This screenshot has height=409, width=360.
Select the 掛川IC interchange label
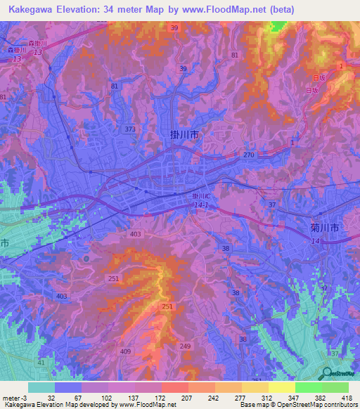[x=201, y=196]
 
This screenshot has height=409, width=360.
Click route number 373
[x=129, y=129]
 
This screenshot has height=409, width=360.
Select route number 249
[x=186, y=346]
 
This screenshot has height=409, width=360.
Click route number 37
[x=271, y=204]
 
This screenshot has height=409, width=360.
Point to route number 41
[x=41, y=362]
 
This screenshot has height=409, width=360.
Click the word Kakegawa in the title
[x=30, y=10]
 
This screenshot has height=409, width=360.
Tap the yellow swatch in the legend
[x=281, y=387]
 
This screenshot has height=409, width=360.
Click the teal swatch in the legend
[x=41, y=387]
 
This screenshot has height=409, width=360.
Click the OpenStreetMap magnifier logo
[x=326, y=373]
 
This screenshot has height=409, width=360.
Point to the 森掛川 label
[x=37, y=44]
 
